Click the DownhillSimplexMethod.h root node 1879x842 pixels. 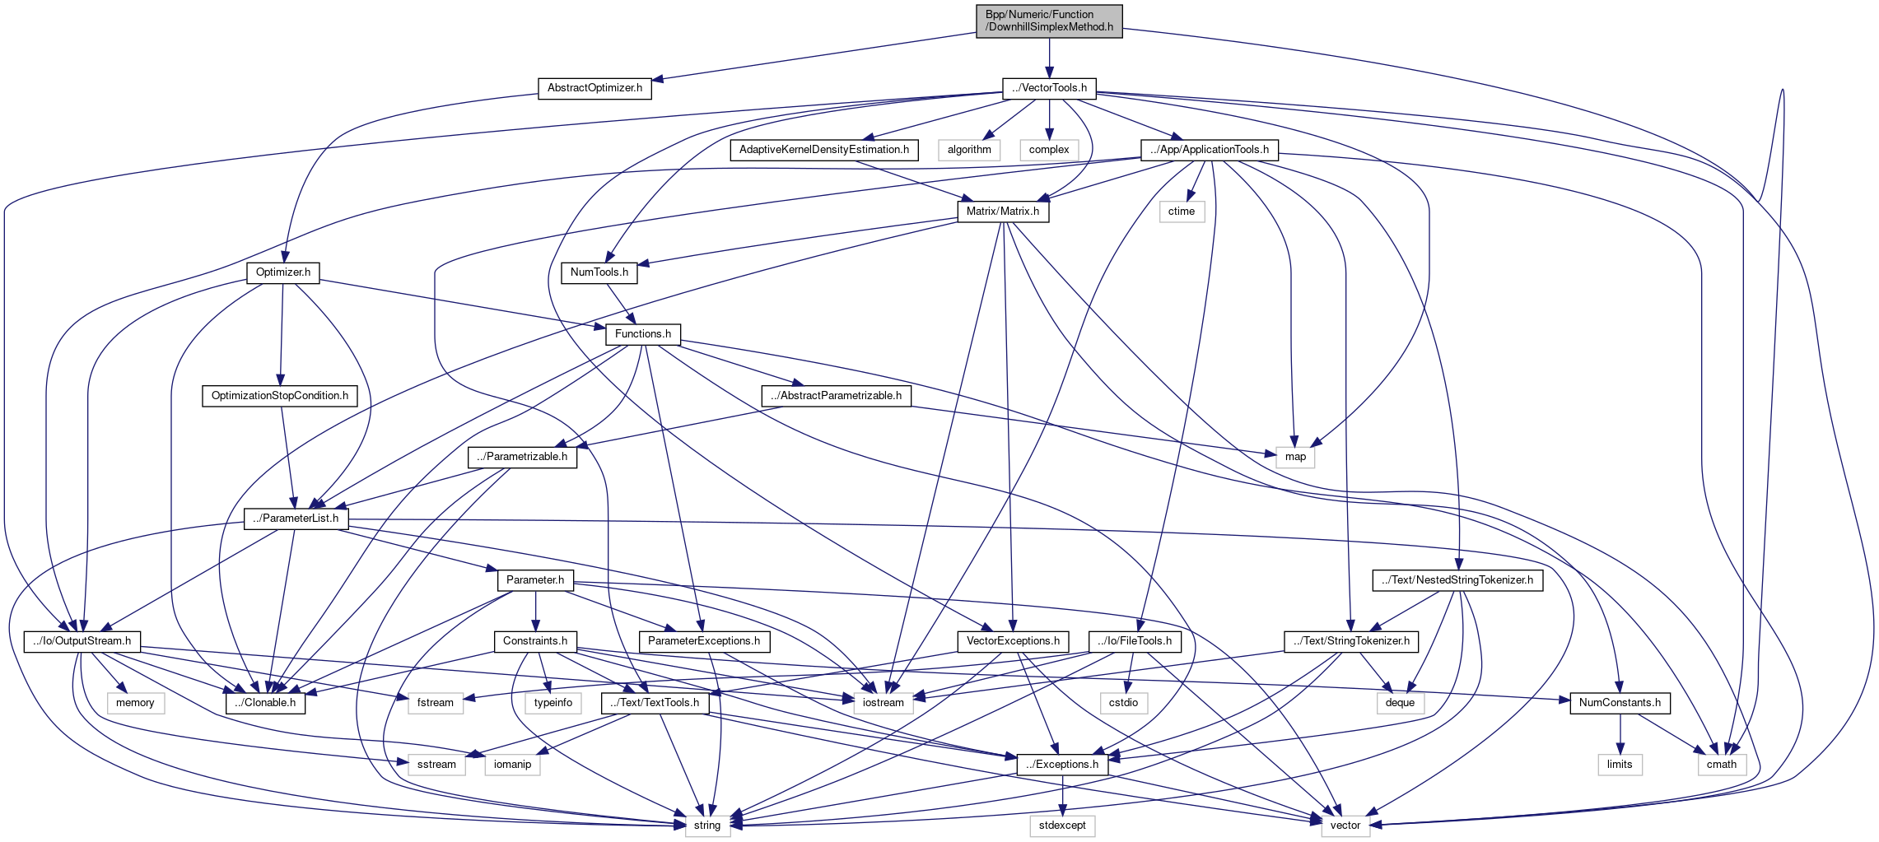pos(1049,21)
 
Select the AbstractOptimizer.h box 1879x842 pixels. pos(594,88)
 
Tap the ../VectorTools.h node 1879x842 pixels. pos(1049,88)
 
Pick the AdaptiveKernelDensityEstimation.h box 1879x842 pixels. pos(823,150)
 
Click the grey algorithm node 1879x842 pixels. pos(969,150)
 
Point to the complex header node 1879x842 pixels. pos(1049,150)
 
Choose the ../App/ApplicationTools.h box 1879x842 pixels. pos(1209,150)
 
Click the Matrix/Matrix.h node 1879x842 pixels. pos(1002,212)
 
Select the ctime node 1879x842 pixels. pos(1181,212)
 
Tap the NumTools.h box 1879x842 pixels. pos(599,272)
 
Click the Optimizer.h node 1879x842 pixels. pos(282,272)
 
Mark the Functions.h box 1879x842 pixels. pos(642,334)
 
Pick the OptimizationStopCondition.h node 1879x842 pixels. pos(279,396)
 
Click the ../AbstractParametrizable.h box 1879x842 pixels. pos(836,396)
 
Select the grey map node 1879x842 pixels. pos(1295,457)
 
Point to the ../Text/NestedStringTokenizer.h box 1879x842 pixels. pos(1457,580)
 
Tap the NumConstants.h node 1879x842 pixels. pos(1620,703)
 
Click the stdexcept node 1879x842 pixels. pos(1061,826)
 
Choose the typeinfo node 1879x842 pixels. pos(553,703)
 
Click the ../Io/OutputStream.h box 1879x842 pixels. pos(82,641)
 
